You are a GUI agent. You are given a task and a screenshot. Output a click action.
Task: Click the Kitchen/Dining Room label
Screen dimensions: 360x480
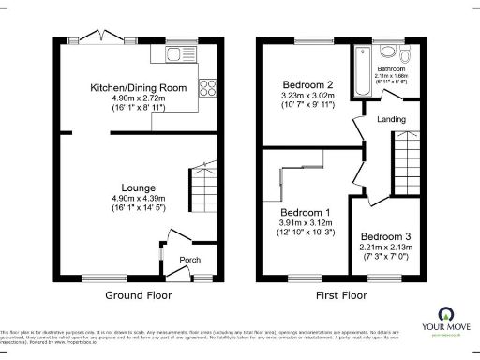(x=138, y=87)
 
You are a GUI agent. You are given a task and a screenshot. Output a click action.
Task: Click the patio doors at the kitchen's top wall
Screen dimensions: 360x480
(x=105, y=38)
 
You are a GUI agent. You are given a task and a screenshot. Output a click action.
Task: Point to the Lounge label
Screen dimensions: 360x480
(x=138, y=187)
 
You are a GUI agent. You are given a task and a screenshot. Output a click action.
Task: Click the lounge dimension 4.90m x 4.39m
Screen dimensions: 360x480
(x=138, y=199)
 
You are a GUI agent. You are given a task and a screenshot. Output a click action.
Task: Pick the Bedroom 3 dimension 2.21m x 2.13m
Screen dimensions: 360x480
(x=384, y=246)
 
